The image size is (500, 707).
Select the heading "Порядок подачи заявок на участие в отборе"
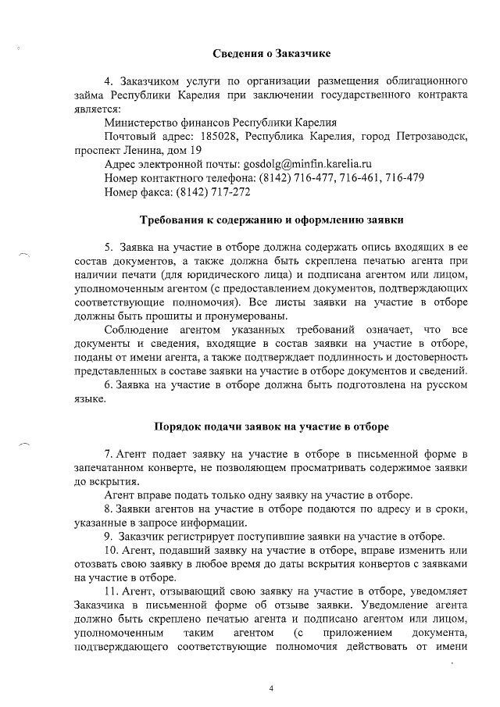[272, 426]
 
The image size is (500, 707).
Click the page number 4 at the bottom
[271, 688]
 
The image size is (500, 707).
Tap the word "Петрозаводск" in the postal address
[428, 136]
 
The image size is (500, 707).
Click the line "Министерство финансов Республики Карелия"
[220, 122]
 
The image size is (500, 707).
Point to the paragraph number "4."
[109, 81]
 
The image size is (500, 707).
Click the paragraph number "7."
[109, 454]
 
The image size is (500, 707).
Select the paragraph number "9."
[109, 536]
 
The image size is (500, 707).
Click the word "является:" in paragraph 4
[97, 109]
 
